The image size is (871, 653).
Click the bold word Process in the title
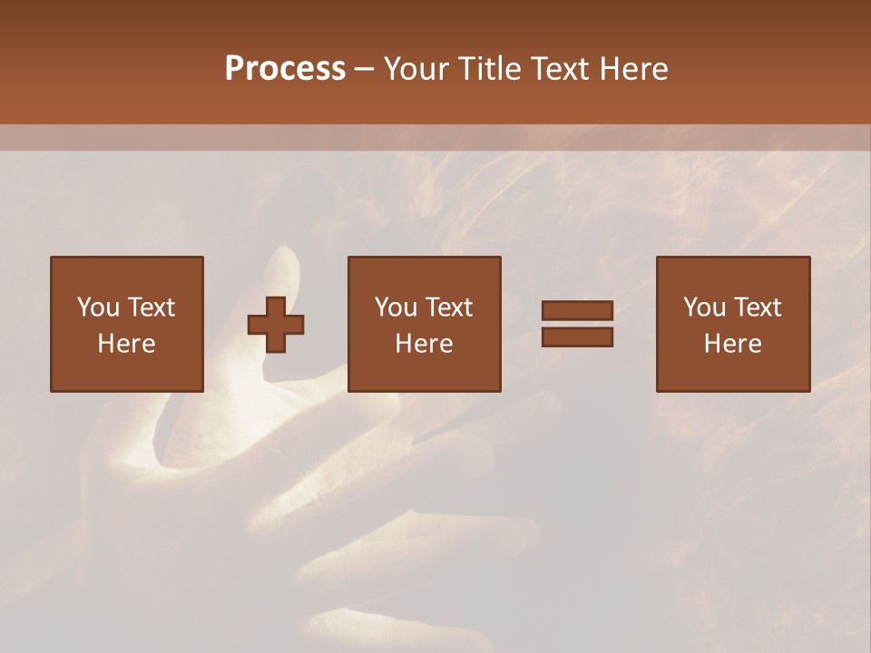tap(285, 69)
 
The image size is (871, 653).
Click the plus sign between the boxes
tap(276, 325)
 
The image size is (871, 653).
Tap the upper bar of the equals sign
tap(577, 311)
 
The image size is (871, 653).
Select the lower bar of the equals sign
tap(577, 337)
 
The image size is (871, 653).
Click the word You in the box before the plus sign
tap(97, 307)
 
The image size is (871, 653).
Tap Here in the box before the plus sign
tap(126, 344)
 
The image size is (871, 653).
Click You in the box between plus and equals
tap(395, 307)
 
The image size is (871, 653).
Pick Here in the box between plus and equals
tap(424, 344)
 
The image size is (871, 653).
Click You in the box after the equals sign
tap(703, 307)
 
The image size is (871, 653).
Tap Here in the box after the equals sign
tap(732, 344)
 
